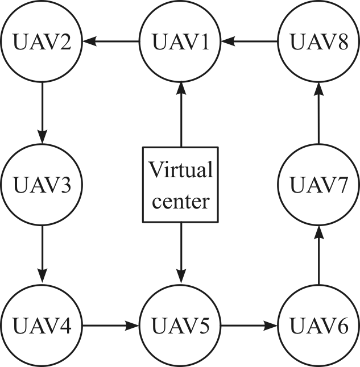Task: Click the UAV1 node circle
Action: click(180, 41)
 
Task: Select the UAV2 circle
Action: click(42, 41)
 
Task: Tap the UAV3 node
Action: click(42, 185)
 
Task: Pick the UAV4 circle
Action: click(42, 326)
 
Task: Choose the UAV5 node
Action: click(180, 326)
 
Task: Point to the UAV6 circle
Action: click(318, 326)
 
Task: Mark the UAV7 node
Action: click(318, 185)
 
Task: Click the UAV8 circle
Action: click(318, 41)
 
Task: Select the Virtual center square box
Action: click(180, 185)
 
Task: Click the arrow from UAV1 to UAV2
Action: click(111, 41)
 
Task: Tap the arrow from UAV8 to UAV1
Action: click(249, 41)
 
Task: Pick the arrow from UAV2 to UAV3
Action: click(43, 113)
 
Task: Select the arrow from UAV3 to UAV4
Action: click(43, 255)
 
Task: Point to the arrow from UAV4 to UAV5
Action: click(111, 326)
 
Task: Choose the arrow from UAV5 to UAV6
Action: click(249, 326)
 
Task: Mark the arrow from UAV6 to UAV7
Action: click(318, 256)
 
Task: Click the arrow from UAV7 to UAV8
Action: click(318, 113)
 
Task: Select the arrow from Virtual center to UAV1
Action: click(181, 114)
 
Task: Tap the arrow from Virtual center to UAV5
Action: click(181, 253)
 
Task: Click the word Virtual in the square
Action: click(181, 169)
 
